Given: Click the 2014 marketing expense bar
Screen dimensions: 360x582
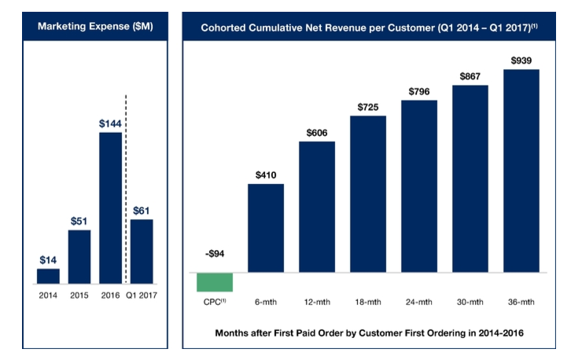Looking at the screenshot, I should pyautogui.click(x=48, y=275).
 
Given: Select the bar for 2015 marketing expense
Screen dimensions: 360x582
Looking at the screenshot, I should pyautogui.click(x=79, y=256).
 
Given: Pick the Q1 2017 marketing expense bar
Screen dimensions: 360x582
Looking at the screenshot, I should pyautogui.click(x=142, y=251).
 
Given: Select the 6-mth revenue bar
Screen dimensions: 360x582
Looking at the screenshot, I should pyautogui.click(x=266, y=228).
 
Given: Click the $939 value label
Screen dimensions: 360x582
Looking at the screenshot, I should pyautogui.click(x=521, y=61).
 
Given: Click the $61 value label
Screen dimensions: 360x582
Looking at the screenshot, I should pyautogui.click(x=142, y=210).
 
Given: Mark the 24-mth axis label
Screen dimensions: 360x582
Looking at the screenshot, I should pyautogui.click(x=418, y=302).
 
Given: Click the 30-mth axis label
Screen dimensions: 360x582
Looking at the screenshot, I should pyautogui.click(x=470, y=302).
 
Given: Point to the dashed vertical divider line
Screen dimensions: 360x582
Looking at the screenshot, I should pyautogui.click(x=127, y=189).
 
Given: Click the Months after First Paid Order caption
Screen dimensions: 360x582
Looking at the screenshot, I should pyautogui.click(x=369, y=333).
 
